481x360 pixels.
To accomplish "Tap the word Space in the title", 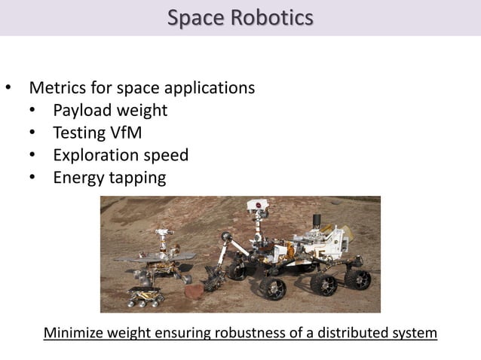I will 195,17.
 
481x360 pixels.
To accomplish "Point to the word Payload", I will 81,111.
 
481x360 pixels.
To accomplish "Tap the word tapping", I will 139,178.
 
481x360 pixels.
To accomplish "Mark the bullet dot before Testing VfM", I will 32,134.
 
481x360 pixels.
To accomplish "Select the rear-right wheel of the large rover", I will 358,279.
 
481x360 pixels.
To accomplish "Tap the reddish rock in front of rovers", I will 192,292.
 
